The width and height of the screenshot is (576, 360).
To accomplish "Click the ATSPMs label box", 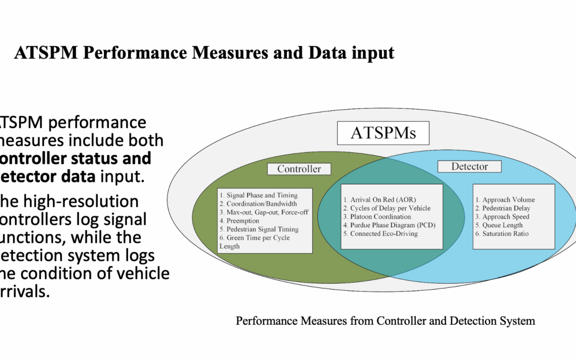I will pyautogui.click(x=383, y=133).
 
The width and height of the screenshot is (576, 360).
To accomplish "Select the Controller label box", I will pyautogui.click(x=299, y=169).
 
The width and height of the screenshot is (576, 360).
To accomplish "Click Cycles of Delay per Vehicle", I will pyautogui.click(x=390, y=208).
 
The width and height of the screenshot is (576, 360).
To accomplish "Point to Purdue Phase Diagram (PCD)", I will pyautogui.click(x=393, y=225).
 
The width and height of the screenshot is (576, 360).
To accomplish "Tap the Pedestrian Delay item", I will pyautogui.click(x=506, y=208).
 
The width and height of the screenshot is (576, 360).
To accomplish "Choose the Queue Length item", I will pyautogui.click(x=502, y=225).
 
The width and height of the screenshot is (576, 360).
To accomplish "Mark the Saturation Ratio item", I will pyautogui.click(x=505, y=234).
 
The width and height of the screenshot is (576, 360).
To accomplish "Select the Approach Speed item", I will pyautogui.click(x=506, y=217).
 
